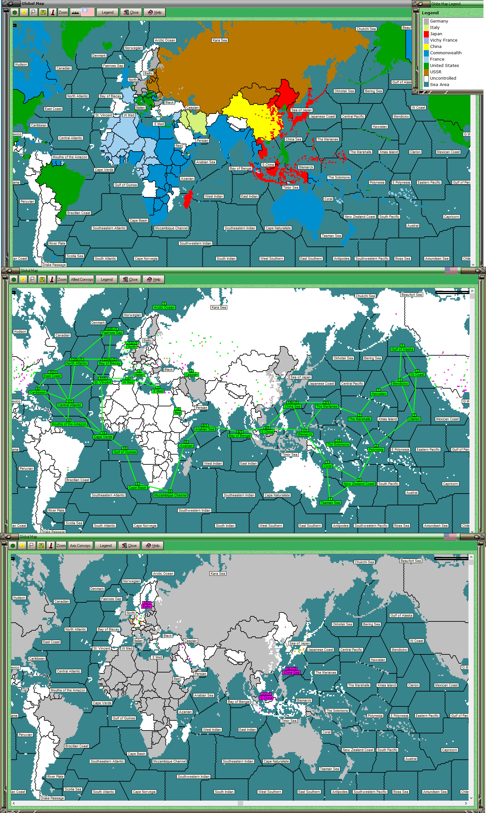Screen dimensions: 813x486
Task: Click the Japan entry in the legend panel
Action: pyautogui.click(x=436, y=34)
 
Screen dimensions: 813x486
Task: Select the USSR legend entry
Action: pyautogui.click(x=435, y=72)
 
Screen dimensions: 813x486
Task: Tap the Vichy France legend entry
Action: pyautogui.click(x=443, y=40)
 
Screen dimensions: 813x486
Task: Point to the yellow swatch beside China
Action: pyautogui.click(x=426, y=46)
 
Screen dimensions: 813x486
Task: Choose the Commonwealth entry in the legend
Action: pyautogui.click(x=445, y=53)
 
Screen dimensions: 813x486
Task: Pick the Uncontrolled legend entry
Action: pyautogui.click(x=443, y=78)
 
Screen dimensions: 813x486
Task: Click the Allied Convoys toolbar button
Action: pyautogui.click(x=82, y=279)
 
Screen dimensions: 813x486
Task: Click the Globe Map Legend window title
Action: pyautogui.click(x=445, y=3)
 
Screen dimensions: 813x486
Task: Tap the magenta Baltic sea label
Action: pyautogui.click(x=146, y=606)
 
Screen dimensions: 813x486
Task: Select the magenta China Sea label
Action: pyautogui.click(x=291, y=673)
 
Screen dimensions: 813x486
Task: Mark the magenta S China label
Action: pyautogui.click(x=266, y=698)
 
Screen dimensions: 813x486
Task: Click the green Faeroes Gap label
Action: pyautogui.click(x=112, y=333)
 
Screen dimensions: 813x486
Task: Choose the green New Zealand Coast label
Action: pyautogui.click(x=359, y=484)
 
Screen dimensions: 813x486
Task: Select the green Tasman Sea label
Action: pyautogui.click(x=330, y=503)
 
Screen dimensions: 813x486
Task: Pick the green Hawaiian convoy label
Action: pyautogui.click(x=379, y=394)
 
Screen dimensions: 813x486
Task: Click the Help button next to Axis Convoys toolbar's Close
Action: pyautogui.click(x=153, y=546)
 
